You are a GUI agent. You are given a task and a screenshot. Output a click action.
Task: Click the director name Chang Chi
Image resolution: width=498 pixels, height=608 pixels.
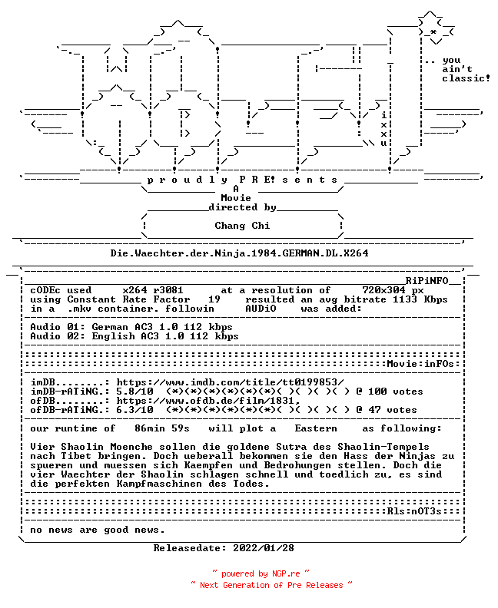(242, 225)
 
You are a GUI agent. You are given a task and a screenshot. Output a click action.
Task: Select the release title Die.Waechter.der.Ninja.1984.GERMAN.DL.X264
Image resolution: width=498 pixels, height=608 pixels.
(239, 253)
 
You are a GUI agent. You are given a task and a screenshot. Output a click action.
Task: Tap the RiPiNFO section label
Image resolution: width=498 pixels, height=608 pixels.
(427, 281)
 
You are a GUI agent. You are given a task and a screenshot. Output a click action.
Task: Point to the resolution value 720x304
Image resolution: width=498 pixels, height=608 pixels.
(384, 290)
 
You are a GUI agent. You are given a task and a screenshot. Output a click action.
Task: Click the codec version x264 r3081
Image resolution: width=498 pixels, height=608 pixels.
(153, 290)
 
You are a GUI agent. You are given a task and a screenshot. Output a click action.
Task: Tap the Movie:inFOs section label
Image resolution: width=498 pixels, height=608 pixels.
(420, 364)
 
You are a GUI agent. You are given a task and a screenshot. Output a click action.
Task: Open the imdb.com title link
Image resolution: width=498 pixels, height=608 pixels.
(230, 382)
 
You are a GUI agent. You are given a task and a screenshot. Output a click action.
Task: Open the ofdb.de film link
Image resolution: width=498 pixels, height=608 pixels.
(208, 401)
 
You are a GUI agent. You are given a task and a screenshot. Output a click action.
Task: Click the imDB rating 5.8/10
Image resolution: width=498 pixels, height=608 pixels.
(134, 392)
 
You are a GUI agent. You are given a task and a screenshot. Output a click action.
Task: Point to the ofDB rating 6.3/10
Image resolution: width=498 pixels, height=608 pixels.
(134, 410)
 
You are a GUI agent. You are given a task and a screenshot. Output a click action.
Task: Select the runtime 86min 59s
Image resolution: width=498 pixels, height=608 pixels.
(162, 428)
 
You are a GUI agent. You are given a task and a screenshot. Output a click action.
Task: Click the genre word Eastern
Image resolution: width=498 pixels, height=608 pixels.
(316, 428)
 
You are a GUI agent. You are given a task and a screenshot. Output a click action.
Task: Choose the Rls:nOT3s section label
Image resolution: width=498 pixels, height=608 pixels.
(414, 511)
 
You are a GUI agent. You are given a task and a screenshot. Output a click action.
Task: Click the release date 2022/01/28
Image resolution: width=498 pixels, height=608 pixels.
(264, 548)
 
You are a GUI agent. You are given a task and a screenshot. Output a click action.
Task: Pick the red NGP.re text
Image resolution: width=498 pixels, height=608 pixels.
(286, 573)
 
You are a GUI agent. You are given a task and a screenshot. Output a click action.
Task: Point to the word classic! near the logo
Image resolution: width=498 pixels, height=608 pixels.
(466, 78)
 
